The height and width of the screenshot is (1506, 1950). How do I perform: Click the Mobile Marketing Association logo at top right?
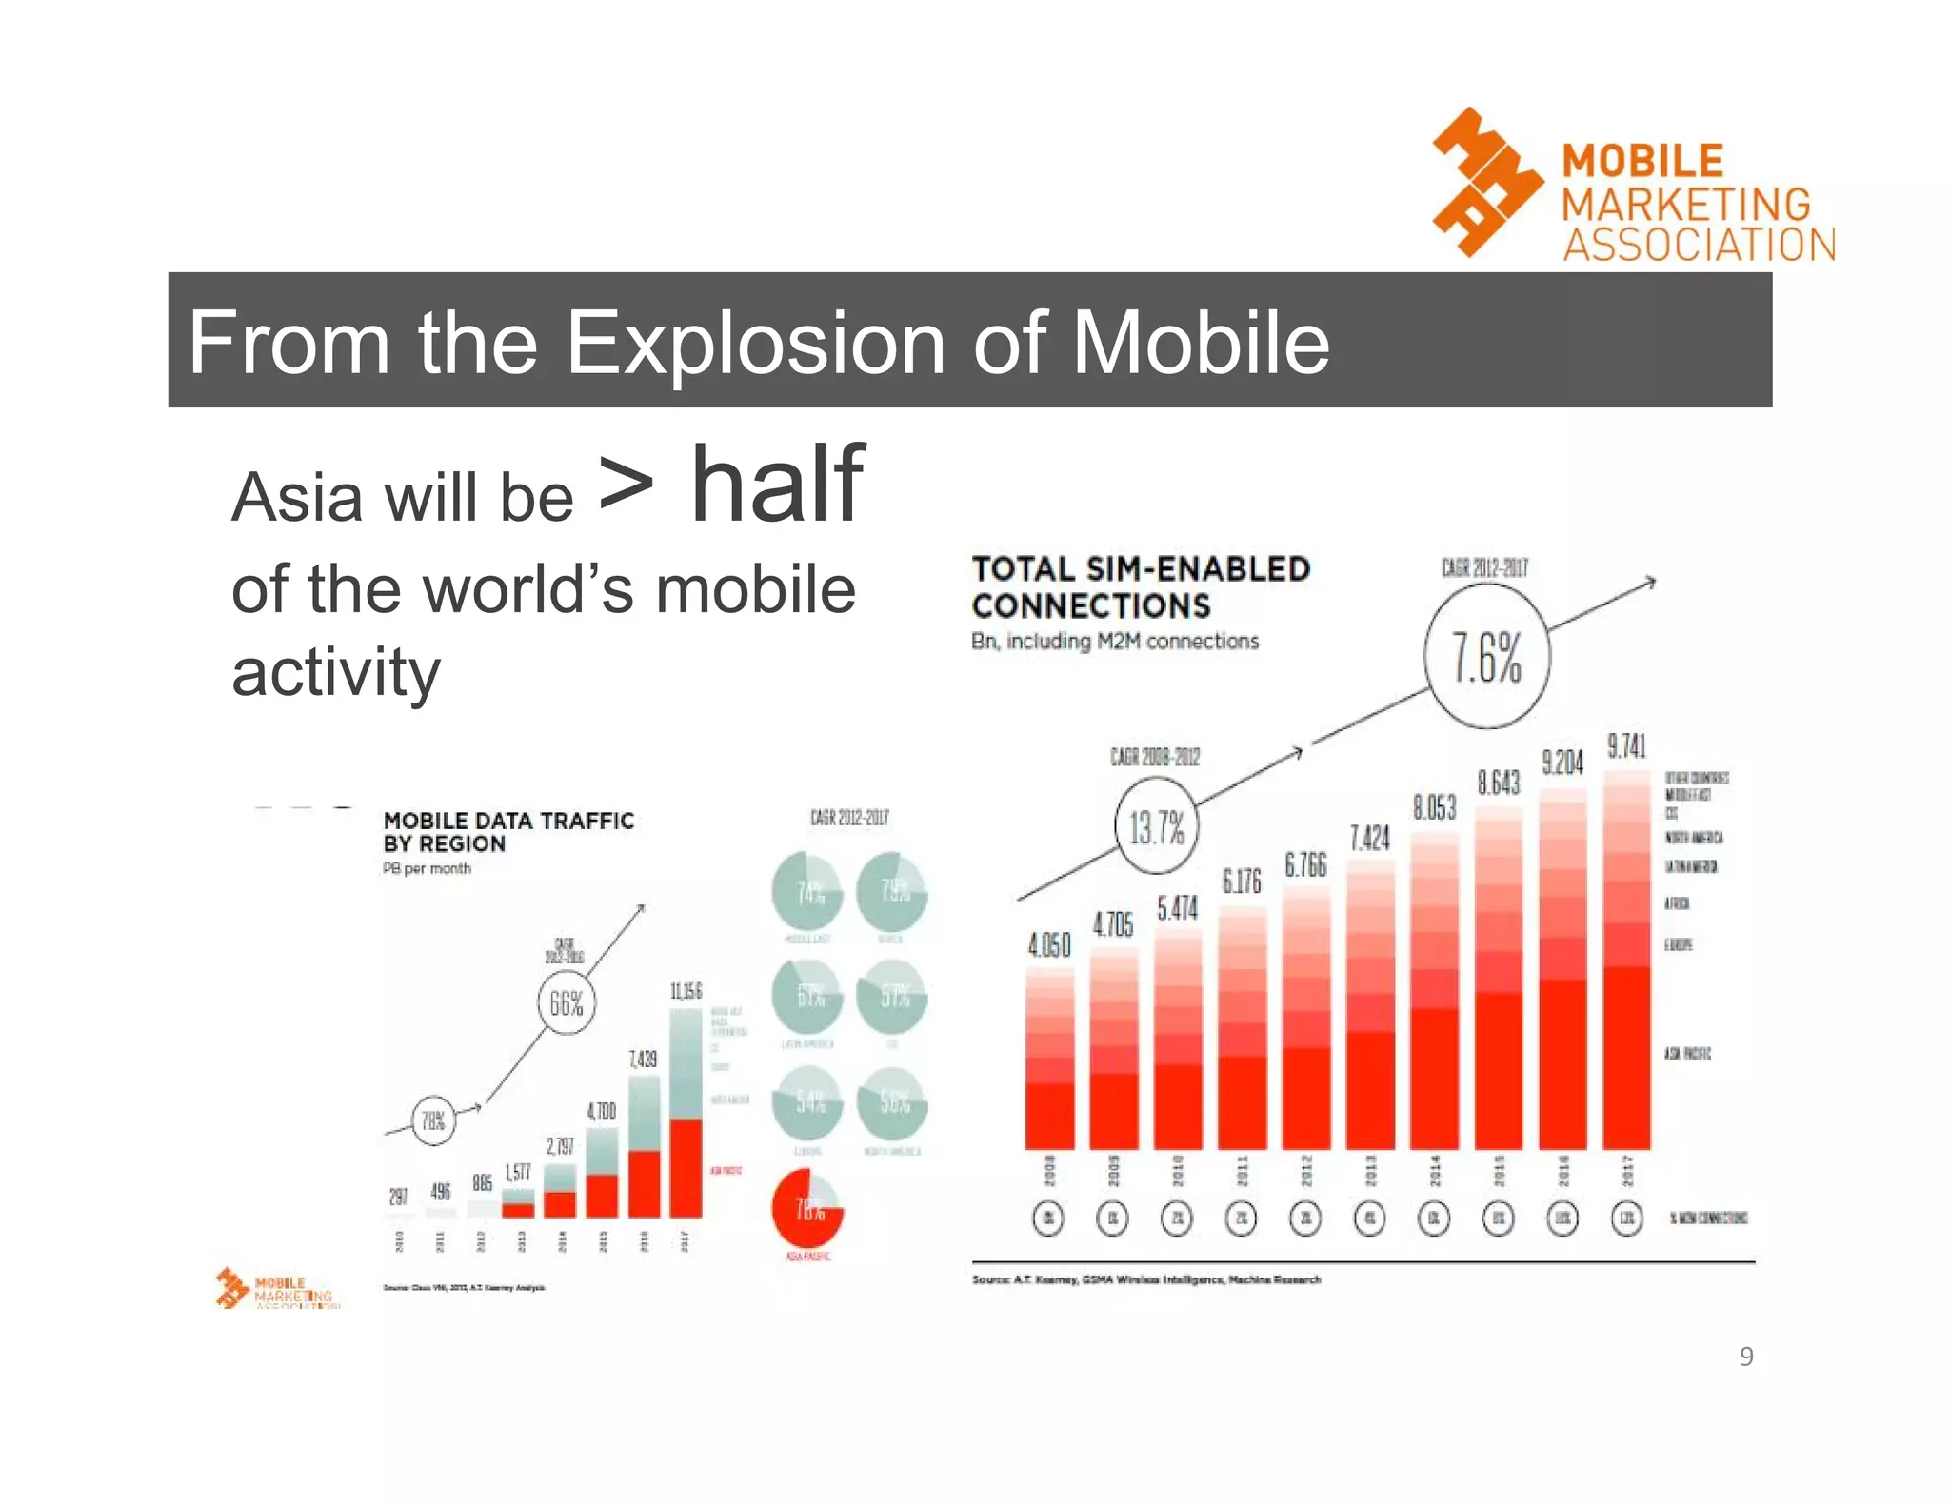1632,187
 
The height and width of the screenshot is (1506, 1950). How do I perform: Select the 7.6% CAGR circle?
1486,657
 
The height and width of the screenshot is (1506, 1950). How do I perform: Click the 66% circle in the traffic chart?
567,1003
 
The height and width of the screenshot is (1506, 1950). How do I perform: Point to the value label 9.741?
1626,745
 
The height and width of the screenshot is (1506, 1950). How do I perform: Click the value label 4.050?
1049,944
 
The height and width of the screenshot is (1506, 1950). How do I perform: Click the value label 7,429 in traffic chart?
644,1059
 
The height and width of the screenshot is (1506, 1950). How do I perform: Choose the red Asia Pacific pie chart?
806,1210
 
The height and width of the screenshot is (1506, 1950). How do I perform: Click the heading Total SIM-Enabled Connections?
1140,586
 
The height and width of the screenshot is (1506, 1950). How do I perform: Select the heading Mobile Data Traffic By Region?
507,832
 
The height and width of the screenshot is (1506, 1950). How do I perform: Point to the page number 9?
1745,1357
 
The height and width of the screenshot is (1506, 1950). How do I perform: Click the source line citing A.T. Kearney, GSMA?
1145,1279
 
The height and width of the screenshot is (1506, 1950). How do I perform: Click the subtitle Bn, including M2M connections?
1114,641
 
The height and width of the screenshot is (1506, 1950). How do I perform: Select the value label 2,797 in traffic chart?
560,1146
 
